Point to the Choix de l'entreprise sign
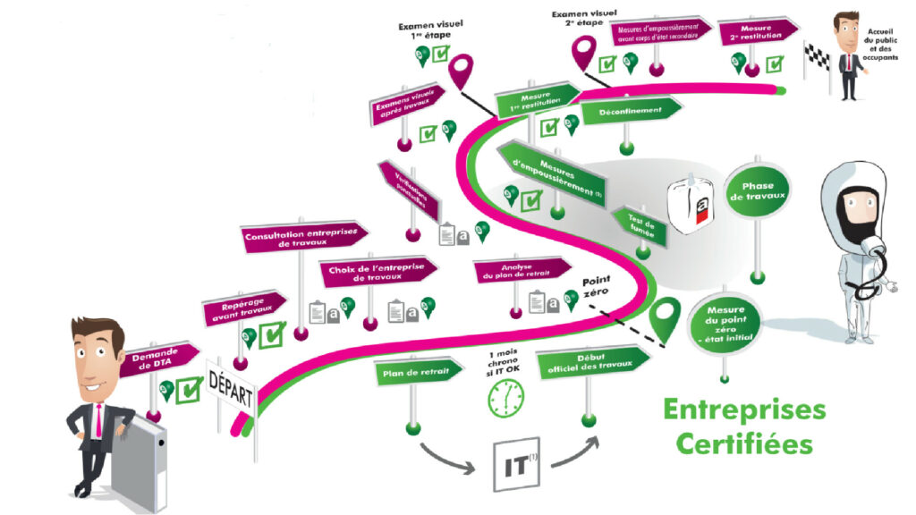(x=376, y=272)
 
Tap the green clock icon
(x=505, y=397)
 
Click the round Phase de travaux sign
(x=757, y=190)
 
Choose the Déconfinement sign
(x=629, y=112)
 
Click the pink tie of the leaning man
(x=96, y=421)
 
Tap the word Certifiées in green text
(x=744, y=443)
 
